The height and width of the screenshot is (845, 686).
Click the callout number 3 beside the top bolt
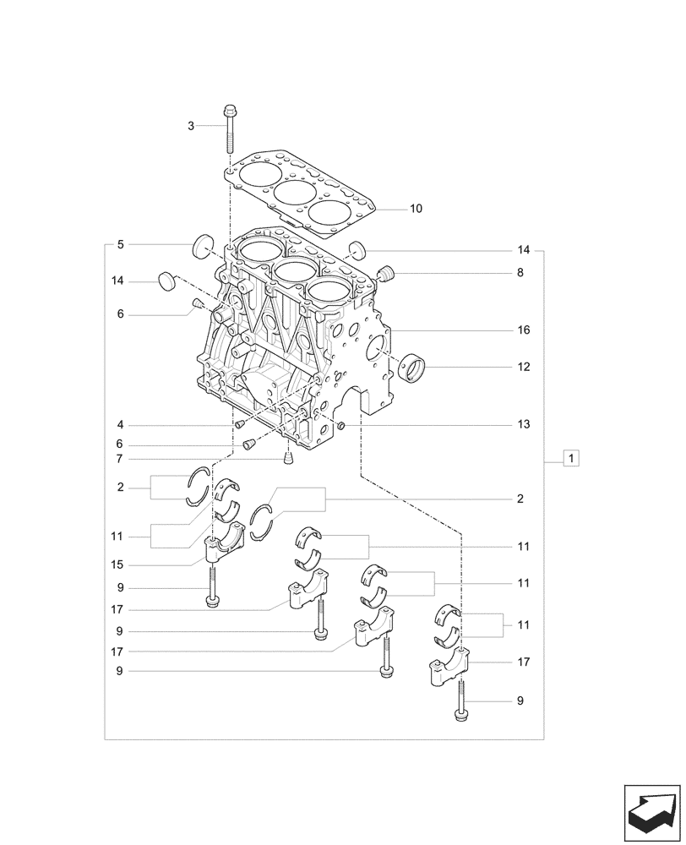[191, 126]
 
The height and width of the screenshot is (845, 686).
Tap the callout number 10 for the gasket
[416, 208]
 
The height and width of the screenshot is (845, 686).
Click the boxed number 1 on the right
[572, 459]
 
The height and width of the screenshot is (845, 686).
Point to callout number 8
[520, 273]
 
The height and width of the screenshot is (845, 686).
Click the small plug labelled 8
[388, 274]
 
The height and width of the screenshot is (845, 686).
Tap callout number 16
[524, 330]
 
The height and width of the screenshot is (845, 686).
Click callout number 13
[524, 423]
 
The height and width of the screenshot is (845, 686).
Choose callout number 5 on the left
[121, 244]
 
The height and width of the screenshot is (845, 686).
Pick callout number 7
[121, 459]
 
